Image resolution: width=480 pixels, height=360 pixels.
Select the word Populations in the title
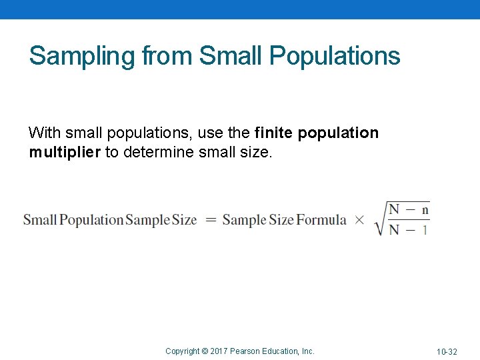click(335, 56)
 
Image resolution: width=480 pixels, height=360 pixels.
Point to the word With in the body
click(43, 133)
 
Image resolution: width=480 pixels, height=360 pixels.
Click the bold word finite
click(274, 133)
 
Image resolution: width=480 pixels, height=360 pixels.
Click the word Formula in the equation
click(321, 219)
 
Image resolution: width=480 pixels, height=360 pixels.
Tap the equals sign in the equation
click(211, 219)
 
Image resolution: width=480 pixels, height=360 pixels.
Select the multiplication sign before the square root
click(359, 219)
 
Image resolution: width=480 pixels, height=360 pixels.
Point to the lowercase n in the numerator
click(425, 209)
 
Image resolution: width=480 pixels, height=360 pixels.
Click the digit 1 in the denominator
click(425, 229)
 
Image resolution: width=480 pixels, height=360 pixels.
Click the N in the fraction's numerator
click(395, 209)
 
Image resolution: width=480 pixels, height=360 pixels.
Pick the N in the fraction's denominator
click(395, 229)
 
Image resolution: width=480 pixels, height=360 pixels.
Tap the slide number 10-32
click(447, 351)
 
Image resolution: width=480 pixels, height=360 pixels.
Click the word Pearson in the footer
click(245, 351)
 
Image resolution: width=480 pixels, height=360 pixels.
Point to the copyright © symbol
click(205, 351)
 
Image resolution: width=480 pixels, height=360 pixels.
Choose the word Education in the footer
click(283, 351)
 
